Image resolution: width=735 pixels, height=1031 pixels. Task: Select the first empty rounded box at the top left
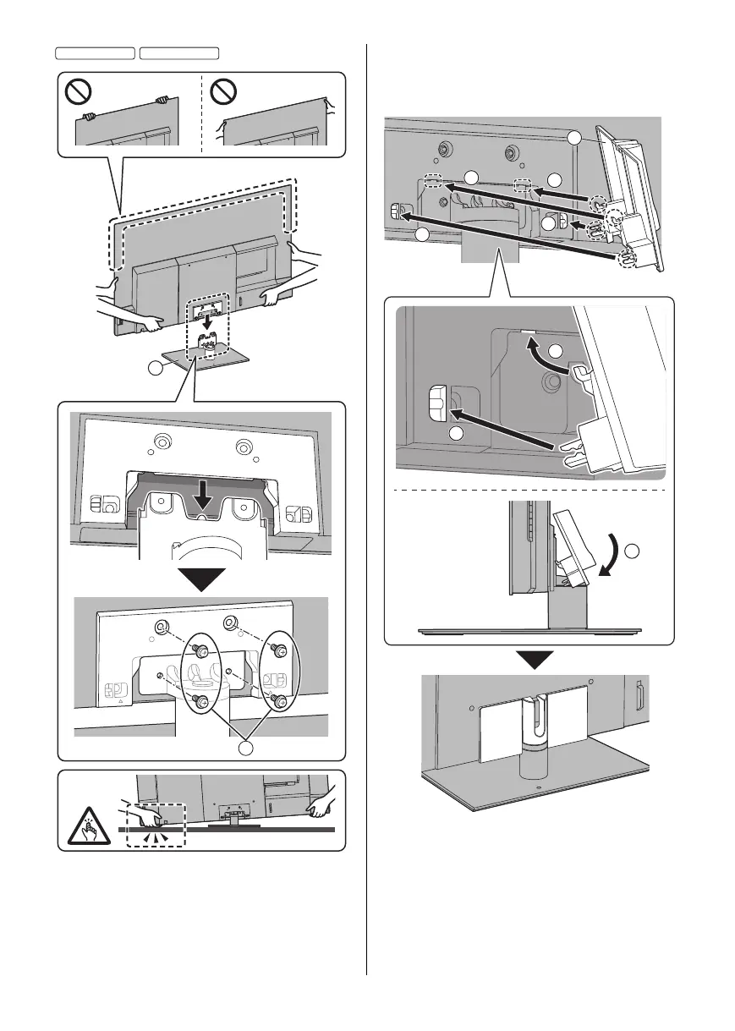[95, 53]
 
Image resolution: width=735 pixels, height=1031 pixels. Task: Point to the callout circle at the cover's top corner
[575, 138]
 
